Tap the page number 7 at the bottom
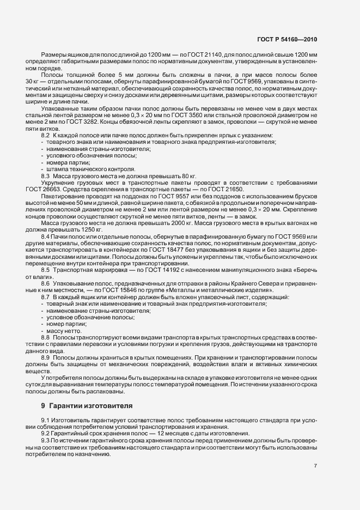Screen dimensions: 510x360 point(316,466)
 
